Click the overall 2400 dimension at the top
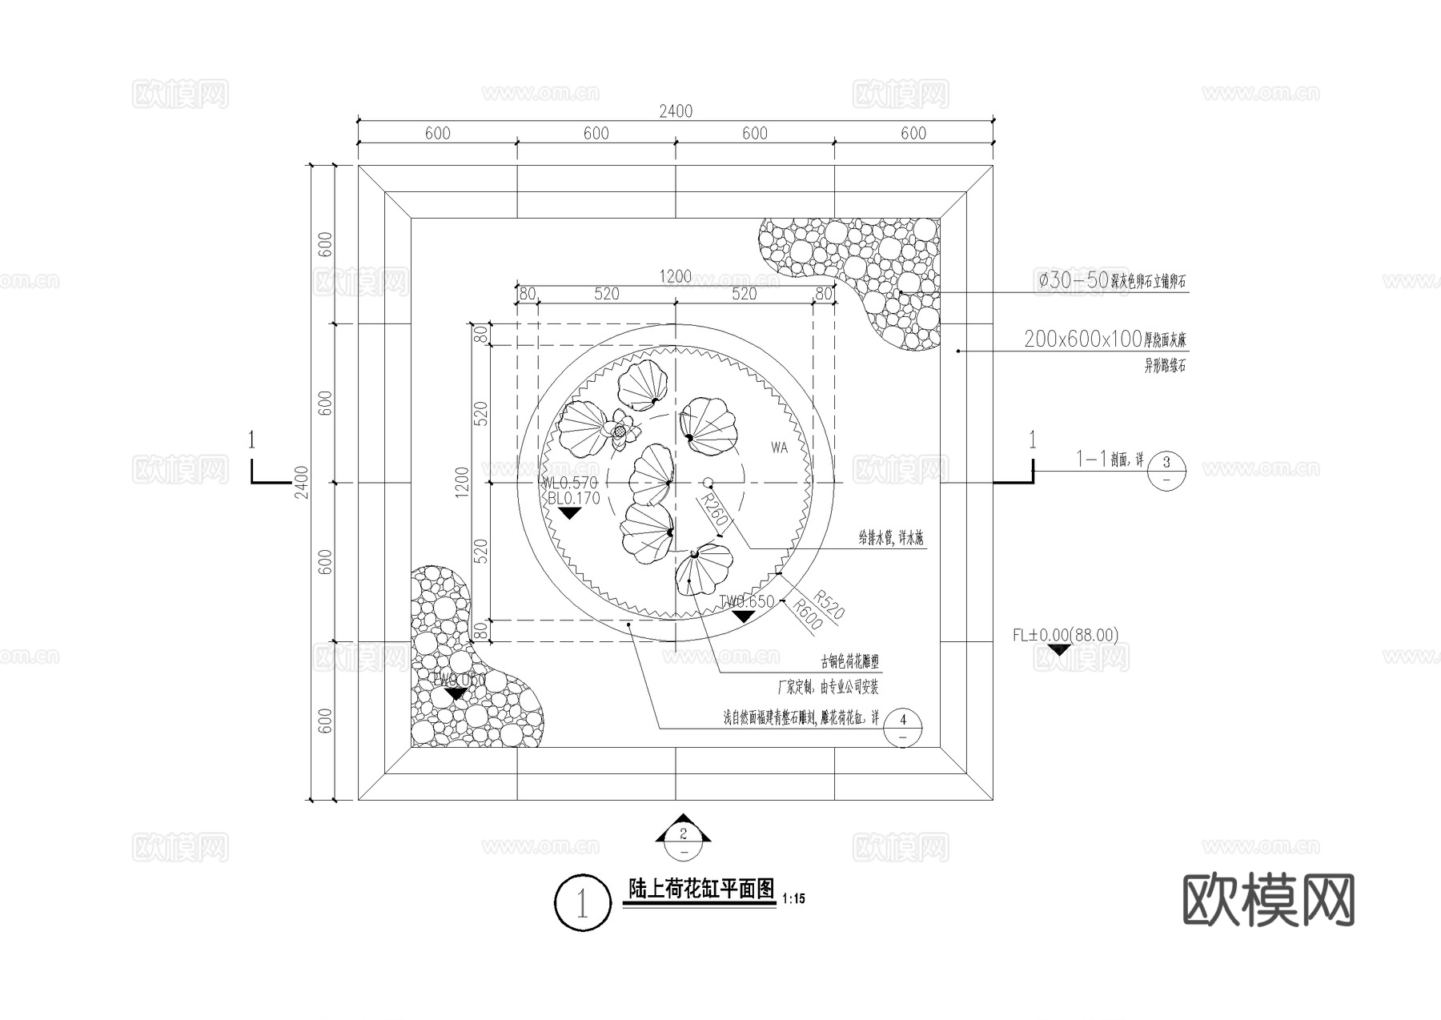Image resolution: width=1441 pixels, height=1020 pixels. tap(676, 112)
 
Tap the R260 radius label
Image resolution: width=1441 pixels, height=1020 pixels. tap(713, 511)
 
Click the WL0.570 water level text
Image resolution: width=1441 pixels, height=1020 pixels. tap(569, 483)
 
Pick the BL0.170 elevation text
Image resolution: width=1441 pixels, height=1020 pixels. tap(573, 498)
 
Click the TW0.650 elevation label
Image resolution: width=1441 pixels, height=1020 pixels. tap(746, 601)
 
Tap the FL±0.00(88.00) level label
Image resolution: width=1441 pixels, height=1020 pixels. tap(1066, 635)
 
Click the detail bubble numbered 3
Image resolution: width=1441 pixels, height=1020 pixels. tap(1166, 470)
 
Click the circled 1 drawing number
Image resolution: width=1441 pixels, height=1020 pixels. tap(582, 903)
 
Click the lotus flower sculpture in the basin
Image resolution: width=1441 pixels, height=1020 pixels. tap(620, 429)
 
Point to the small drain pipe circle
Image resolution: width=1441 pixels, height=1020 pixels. tap(708, 483)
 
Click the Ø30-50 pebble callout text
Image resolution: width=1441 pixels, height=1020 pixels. tap(1111, 281)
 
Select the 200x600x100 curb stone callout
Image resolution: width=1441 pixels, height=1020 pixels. tap(1105, 339)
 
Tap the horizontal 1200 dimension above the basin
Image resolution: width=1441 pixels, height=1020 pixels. tap(675, 277)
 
